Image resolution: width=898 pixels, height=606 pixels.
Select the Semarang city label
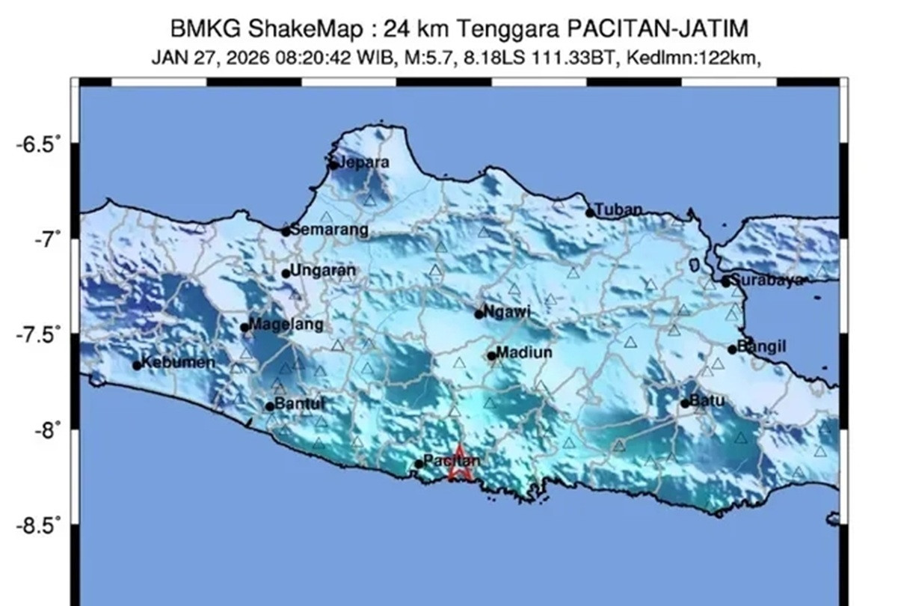point(329,230)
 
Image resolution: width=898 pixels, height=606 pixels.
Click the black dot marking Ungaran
point(286,273)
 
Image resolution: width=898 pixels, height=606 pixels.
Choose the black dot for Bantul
point(270,406)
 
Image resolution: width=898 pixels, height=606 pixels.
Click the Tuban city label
point(618,210)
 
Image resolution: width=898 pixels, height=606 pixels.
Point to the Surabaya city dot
point(725,282)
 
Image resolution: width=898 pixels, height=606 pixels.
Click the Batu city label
point(707,401)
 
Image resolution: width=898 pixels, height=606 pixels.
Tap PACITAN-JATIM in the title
point(657,29)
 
